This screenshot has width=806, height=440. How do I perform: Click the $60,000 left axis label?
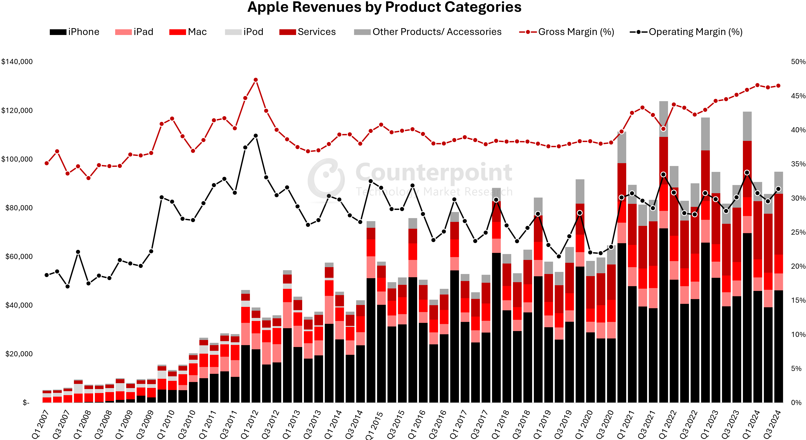tap(19, 257)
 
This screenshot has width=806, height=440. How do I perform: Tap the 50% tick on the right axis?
tap(798, 62)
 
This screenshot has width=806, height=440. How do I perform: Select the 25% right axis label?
tap(798, 232)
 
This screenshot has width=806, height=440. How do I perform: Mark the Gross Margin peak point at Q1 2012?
tap(256, 80)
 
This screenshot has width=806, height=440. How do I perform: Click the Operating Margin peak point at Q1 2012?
tap(256, 136)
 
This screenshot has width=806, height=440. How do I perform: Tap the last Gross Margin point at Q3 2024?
tap(778, 86)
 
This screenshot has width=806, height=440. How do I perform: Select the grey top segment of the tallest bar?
tap(664, 119)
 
